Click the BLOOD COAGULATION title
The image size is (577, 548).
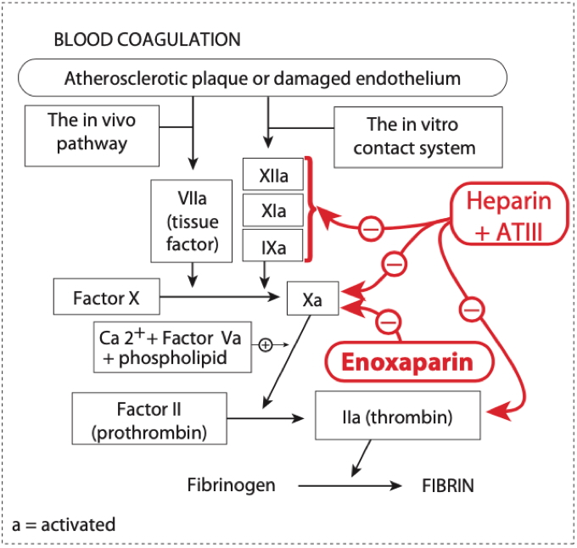tap(147, 40)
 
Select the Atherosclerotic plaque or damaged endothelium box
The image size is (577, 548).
tap(262, 79)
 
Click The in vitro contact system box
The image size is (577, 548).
tap(413, 136)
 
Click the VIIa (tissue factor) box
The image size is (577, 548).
tap(193, 220)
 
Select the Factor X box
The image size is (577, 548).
tap(106, 298)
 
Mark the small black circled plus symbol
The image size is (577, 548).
tap(265, 344)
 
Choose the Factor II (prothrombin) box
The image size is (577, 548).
tap(151, 418)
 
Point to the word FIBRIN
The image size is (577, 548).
tap(448, 486)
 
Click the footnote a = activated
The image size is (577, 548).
tap(64, 524)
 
